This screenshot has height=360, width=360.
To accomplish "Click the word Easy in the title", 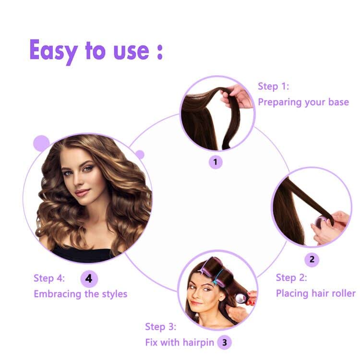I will [x=53, y=50].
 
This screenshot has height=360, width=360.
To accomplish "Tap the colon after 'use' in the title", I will [x=159, y=52].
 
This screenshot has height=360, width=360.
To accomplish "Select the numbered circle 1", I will [x=215, y=162].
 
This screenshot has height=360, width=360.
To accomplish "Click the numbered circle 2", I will [x=312, y=260].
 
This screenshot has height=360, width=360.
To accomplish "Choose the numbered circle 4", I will [x=89, y=278].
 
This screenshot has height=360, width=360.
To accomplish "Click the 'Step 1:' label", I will [x=274, y=86].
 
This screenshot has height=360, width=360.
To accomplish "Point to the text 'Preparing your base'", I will [x=303, y=102].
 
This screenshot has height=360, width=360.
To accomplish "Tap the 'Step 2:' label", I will [x=291, y=277].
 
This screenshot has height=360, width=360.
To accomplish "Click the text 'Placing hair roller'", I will [x=315, y=293].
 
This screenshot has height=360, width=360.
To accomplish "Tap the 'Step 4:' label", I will [x=49, y=278].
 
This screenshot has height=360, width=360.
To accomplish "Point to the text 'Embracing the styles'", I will [x=80, y=294].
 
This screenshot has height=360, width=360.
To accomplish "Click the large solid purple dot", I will [x=42, y=143].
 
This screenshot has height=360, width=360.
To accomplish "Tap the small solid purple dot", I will [x=140, y=155].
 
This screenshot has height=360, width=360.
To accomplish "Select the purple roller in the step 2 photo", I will [x=319, y=222].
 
